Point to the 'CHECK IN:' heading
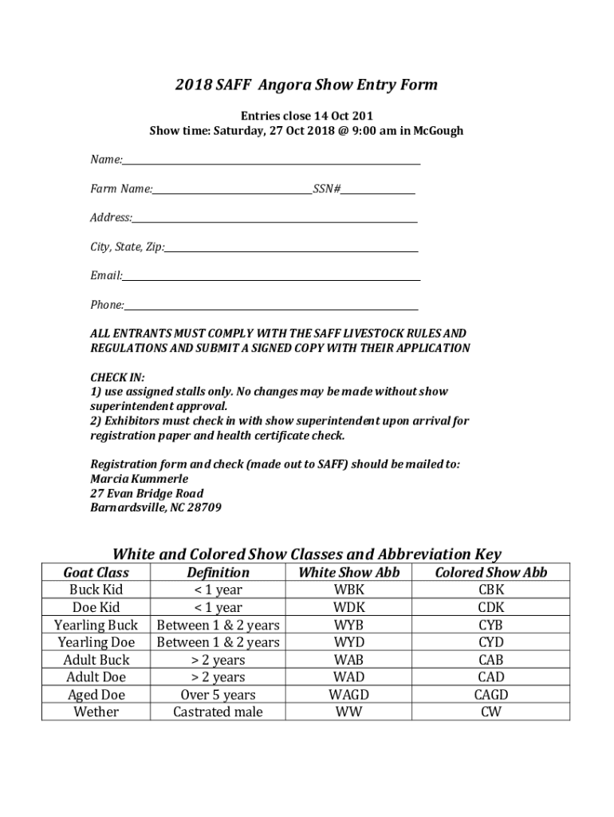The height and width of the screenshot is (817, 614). [117, 377]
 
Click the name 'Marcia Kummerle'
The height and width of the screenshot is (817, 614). [139, 479]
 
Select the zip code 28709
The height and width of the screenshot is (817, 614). [205, 507]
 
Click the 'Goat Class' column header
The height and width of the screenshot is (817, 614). [96, 572]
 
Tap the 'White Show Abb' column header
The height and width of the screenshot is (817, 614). [348, 572]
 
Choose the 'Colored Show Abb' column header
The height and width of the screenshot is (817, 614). [490, 572]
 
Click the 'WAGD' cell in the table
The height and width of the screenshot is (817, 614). [348, 694]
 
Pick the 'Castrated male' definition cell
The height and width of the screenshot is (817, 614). [218, 712]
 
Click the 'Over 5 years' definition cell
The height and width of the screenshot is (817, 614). [218, 694]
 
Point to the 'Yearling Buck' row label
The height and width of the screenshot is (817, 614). [96, 625]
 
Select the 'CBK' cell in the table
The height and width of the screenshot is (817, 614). [490, 590]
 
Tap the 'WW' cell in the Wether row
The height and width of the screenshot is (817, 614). [348, 712]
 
